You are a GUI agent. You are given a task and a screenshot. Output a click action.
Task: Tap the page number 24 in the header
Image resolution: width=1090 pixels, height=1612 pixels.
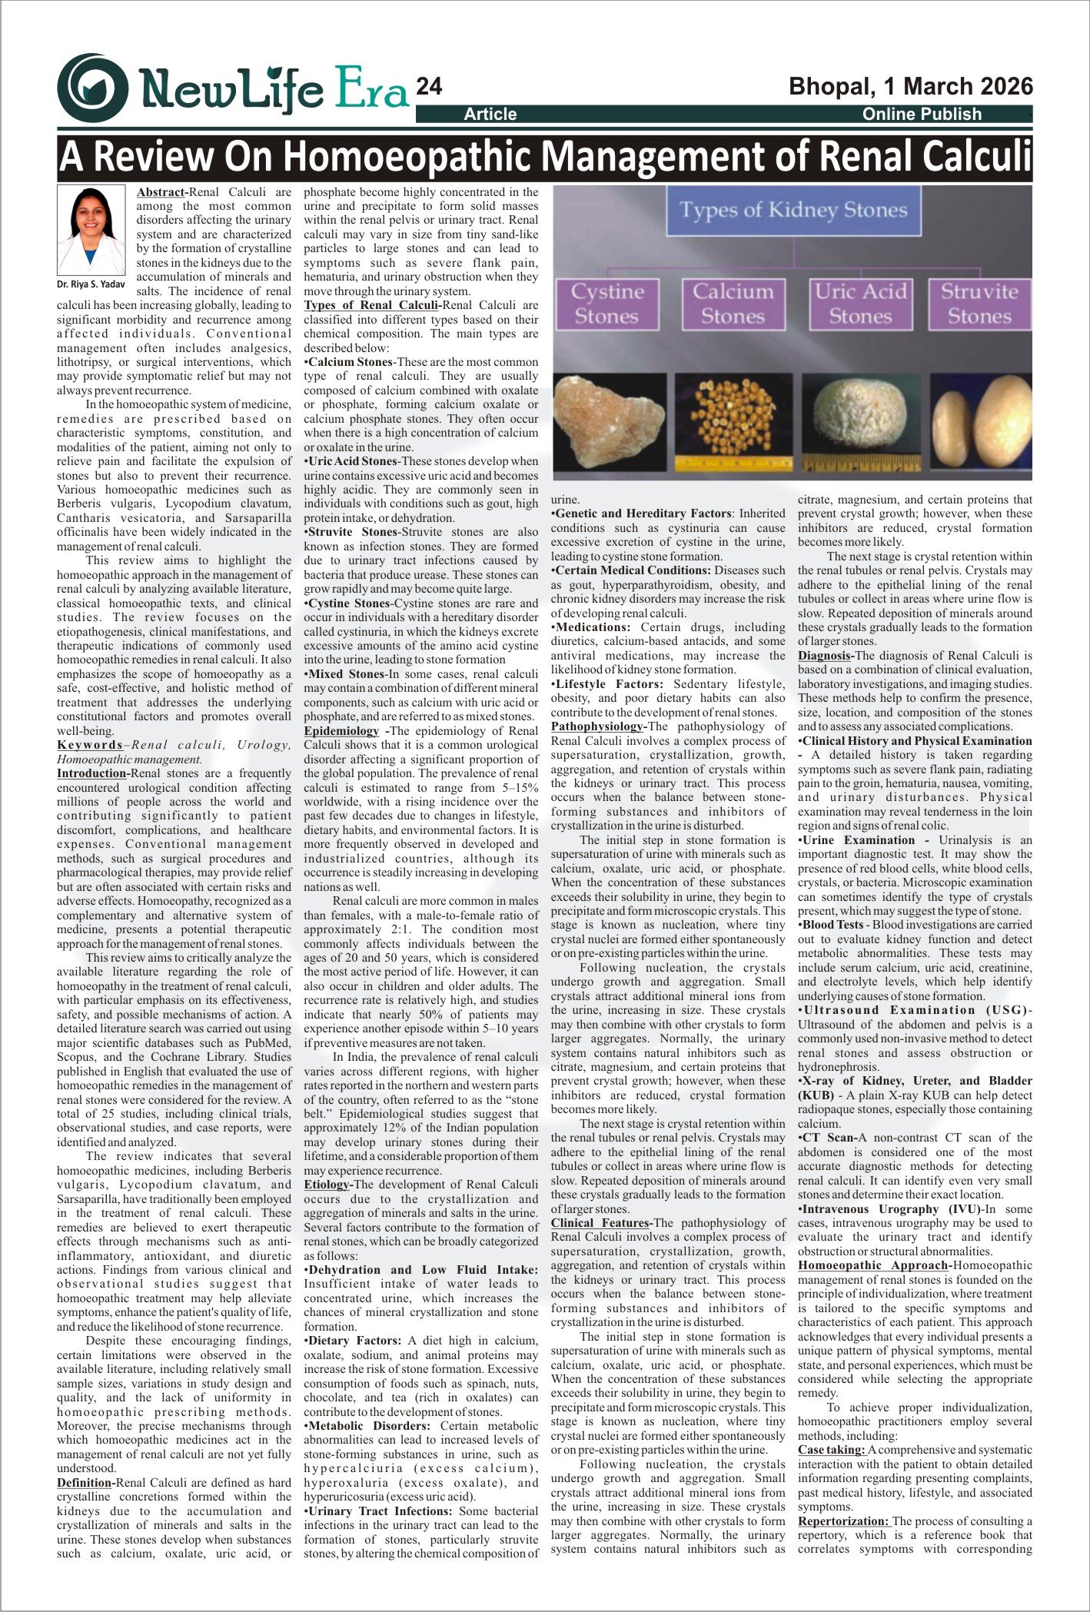coord(429,87)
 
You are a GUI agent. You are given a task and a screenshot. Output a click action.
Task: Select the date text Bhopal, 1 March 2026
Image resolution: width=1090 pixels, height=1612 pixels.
coord(911,86)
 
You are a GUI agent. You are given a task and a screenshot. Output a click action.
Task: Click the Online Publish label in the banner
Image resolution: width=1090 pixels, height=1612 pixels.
coord(922,114)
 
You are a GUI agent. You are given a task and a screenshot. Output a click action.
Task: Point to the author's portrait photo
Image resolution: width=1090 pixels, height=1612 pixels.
coord(92,231)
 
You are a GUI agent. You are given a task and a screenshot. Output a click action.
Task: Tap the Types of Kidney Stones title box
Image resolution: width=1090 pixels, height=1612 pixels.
coord(792,210)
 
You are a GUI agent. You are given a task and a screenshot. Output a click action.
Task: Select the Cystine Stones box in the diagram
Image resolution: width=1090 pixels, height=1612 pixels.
coord(606,304)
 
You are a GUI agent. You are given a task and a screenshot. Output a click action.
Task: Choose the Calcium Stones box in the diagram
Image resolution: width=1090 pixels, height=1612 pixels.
coord(733,304)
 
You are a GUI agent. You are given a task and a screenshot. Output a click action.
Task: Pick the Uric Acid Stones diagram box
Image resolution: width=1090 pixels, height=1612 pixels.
coord(860,304)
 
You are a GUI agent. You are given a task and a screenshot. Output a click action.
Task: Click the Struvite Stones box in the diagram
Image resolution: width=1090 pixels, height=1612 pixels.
coord(979,304)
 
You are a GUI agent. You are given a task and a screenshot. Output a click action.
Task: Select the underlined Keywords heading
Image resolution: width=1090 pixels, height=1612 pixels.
coord(90,745)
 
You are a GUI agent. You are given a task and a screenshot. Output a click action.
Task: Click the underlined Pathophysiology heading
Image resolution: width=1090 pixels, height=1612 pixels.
coord(596,726)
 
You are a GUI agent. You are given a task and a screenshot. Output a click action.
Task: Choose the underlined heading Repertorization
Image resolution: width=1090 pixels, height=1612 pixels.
coord(842,1521)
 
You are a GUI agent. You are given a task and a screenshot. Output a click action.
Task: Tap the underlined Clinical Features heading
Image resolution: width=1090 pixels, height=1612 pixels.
coord(600,1223)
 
